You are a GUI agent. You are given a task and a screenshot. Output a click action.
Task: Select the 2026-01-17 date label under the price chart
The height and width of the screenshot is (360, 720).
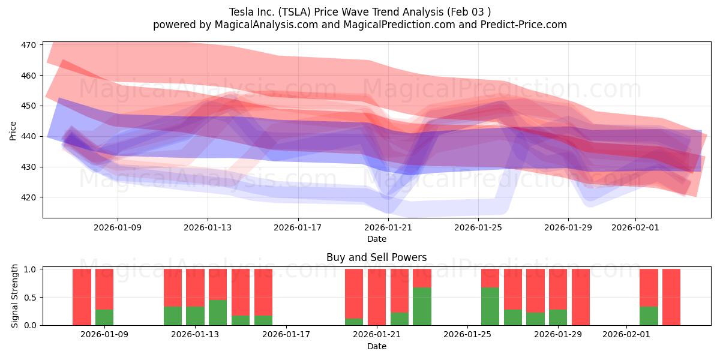pos(298,227)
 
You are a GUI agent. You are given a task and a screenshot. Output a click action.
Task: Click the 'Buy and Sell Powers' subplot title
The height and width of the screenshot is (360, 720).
pos(376,257)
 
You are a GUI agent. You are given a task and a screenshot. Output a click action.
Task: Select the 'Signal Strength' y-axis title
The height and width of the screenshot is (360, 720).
pos(15,297)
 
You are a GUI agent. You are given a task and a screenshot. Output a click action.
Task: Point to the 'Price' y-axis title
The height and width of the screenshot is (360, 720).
pos(13,130)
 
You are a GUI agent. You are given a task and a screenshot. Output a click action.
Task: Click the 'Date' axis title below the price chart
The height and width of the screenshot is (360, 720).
pos(376,239)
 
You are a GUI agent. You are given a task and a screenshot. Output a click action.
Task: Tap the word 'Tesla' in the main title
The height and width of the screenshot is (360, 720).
pos(242,11)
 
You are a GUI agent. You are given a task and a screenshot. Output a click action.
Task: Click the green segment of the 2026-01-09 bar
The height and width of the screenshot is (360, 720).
pos(104,317)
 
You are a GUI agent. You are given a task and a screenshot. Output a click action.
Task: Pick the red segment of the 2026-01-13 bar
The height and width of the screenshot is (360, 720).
pos(195,287)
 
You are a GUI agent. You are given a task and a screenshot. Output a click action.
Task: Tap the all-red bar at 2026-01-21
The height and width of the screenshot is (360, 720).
pos(377,297)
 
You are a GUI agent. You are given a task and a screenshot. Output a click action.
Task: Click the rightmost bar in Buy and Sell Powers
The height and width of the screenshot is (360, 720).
pos(671,297)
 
